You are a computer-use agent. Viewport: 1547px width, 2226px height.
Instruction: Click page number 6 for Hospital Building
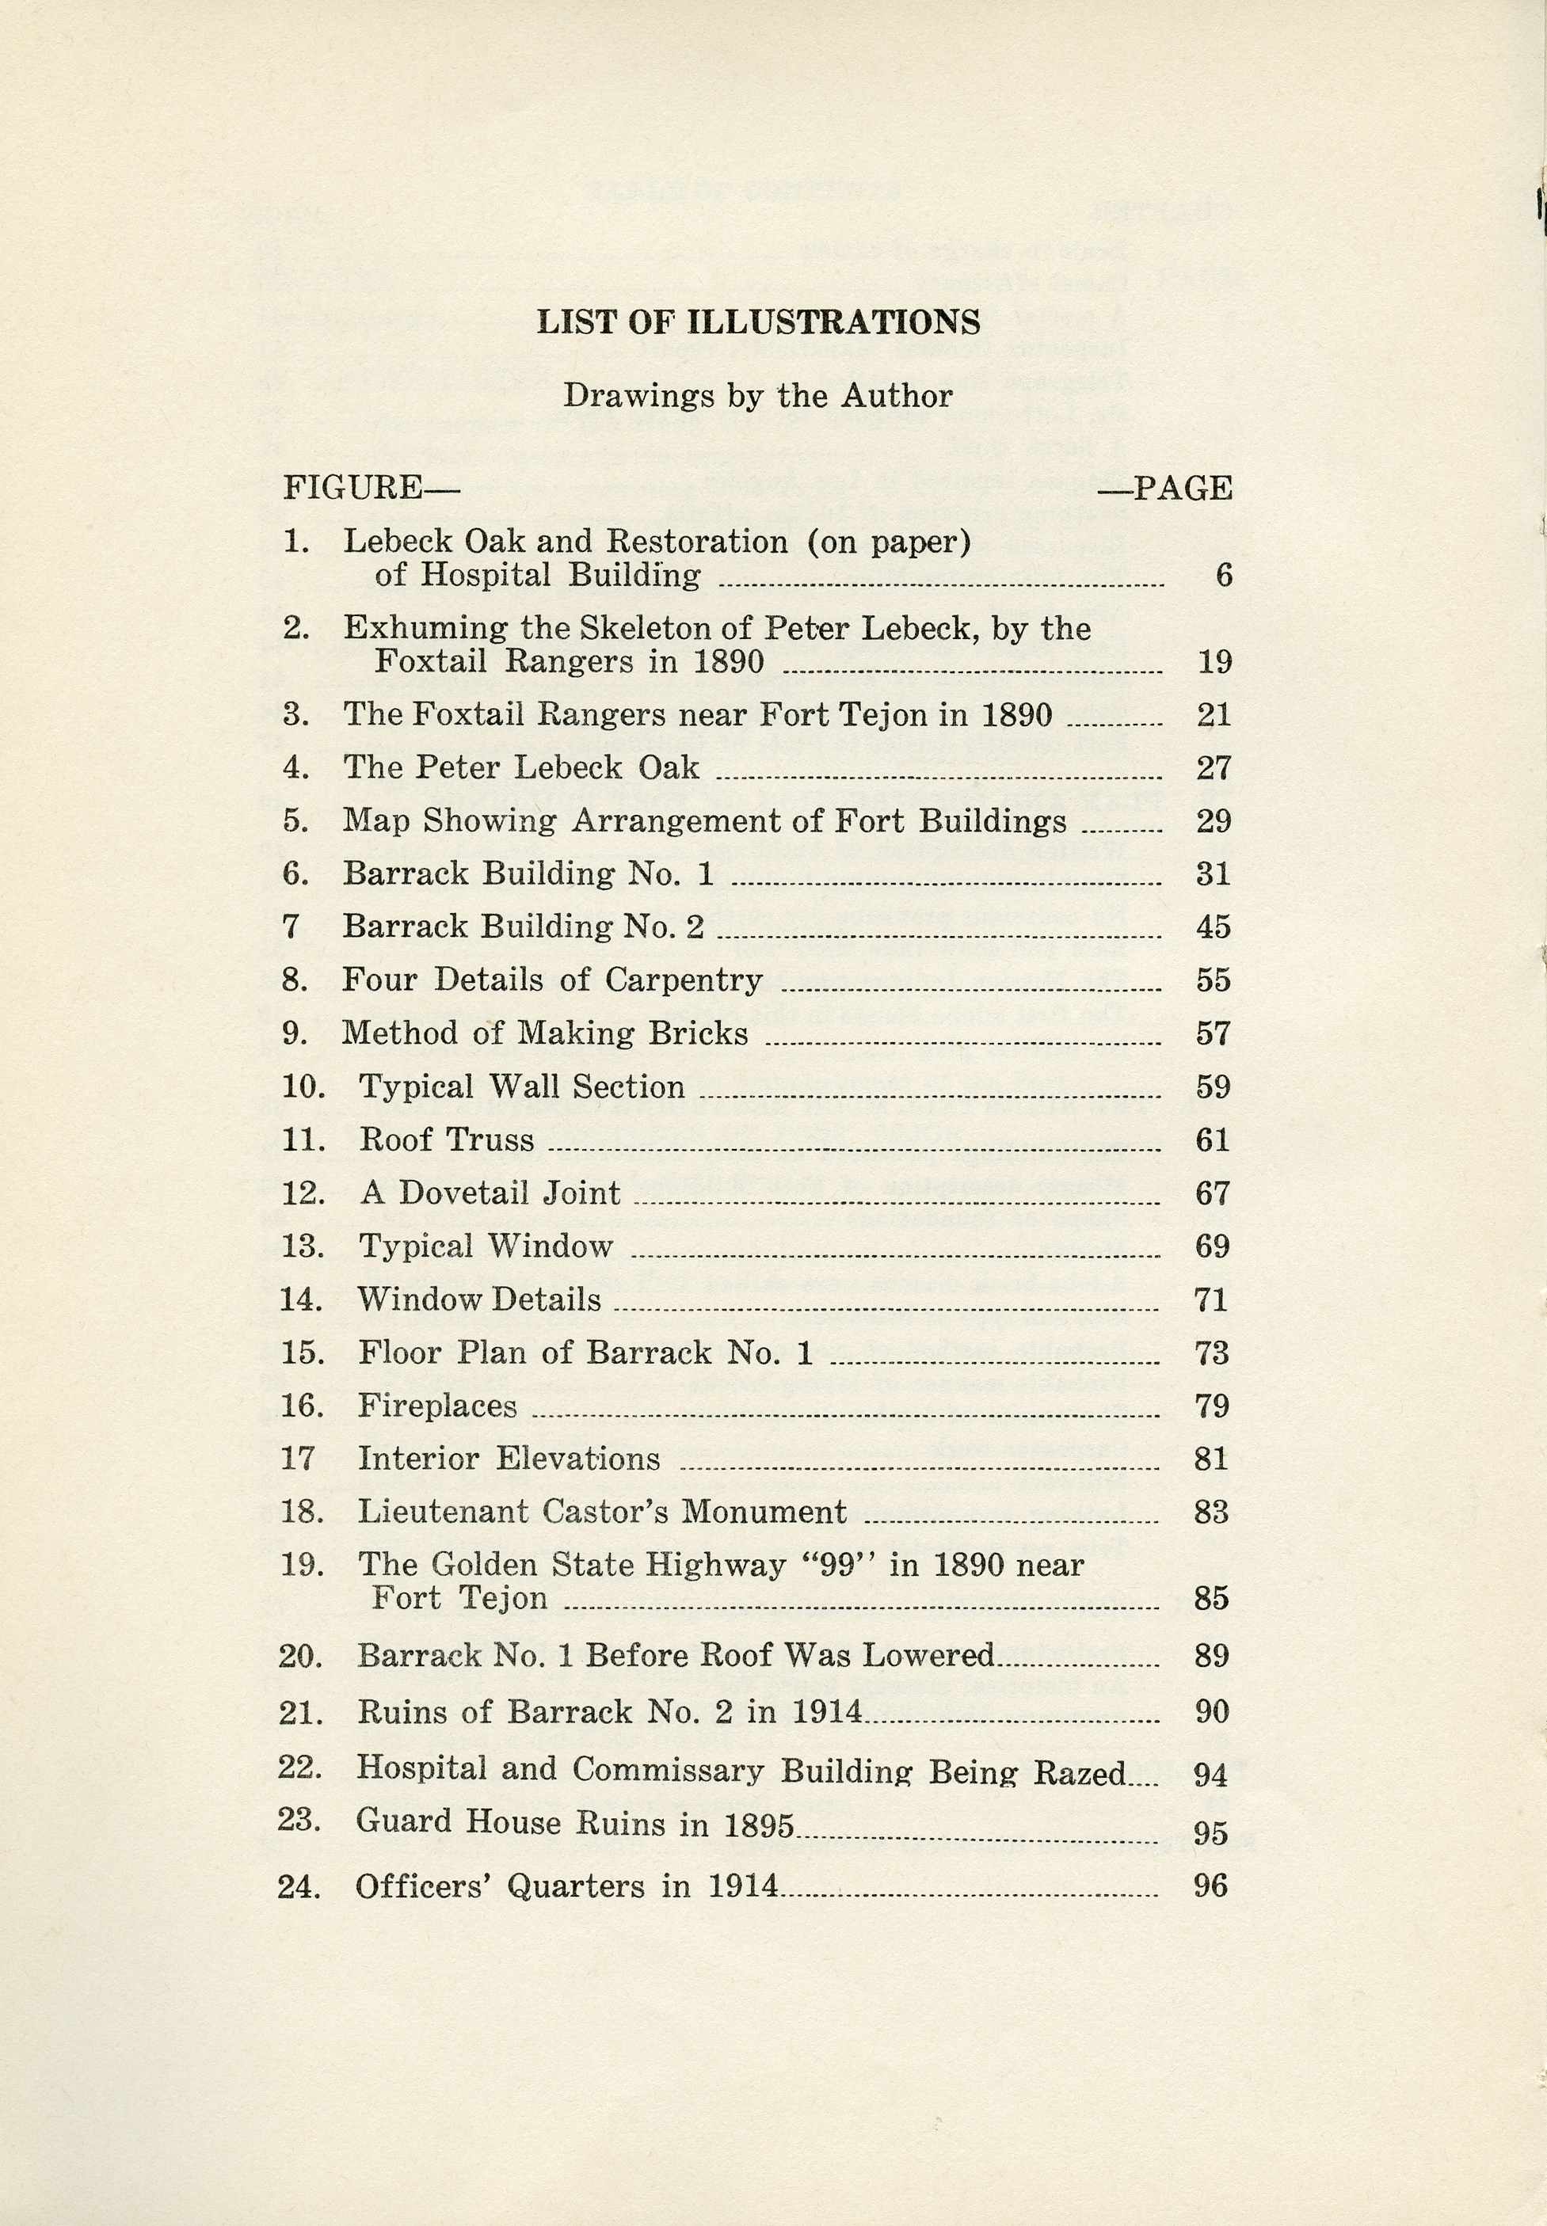pyautogui.click(x=1223, y=576)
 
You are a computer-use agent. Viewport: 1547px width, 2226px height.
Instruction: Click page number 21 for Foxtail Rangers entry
pyautogui.click(x=1214, y=715)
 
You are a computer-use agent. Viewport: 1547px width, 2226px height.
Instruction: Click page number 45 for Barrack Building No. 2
pyautogui.click(x=1214, y=927)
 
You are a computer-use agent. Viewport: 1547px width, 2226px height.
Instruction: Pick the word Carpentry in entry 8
pyautogui.click(x=684, y=980)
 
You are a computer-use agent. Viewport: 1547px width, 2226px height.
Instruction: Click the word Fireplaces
pyautogui.click(x=437, y=1405)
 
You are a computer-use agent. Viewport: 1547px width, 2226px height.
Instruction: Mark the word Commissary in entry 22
pyautogui.click(x=668, y=1770)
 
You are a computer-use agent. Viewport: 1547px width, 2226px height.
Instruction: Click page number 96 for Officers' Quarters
pyautogui.click(x=1210, y=1885)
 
